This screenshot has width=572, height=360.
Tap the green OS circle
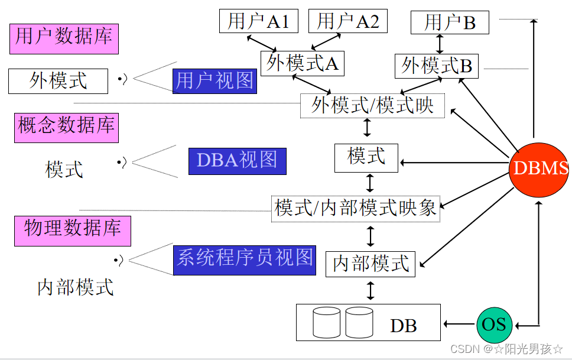click(493, 324)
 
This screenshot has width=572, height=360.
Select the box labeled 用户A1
click(258, 21)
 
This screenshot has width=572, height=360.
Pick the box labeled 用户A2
click(347, 21)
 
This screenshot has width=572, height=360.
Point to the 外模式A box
click(302, 63)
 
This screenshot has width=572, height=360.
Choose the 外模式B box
click(437, 65)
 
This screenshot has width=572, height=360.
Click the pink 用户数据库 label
click(64, 38)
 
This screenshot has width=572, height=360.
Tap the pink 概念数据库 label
click(66, 127)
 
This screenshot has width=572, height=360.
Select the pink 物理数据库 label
click(72, 229)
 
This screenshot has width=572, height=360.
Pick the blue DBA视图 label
click(237, 161)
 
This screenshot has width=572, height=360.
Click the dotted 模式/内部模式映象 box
click(356, 208)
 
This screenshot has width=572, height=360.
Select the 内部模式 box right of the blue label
click(370, 264)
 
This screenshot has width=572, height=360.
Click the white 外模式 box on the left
click(58, 81)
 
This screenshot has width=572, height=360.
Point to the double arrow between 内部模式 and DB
click(370, 290)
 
